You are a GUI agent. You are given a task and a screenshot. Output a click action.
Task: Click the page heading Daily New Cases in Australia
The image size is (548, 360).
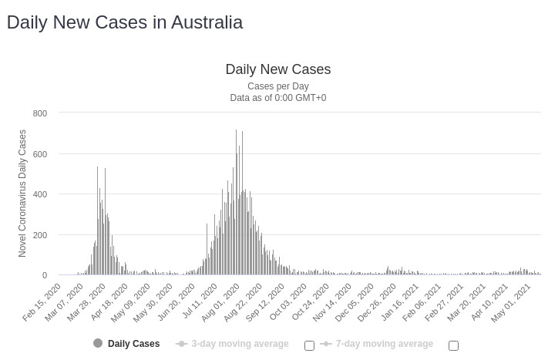coord(124,22)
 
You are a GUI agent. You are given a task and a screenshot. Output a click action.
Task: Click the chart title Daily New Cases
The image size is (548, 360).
coord(277,69)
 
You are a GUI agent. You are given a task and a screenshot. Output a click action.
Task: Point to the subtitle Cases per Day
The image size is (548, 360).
coord(277,86)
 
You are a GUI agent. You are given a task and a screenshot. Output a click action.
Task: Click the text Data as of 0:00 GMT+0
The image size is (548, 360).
coord(277,98)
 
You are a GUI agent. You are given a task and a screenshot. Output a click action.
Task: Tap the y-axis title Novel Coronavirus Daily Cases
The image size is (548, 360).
coord(22,193)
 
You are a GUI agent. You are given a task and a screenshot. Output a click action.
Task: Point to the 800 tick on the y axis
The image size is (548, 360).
coord(40,113)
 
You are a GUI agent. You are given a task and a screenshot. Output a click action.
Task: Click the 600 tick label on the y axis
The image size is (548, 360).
coord(40,154)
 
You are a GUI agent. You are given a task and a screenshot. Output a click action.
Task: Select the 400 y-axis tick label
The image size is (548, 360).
coord(40,194)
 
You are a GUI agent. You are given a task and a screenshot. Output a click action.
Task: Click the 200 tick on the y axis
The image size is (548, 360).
coord(40,235)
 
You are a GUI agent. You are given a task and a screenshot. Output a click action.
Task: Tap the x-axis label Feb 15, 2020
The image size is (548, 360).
coord(43,303)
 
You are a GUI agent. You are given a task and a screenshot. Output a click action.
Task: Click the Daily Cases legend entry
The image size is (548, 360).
coord(133,344)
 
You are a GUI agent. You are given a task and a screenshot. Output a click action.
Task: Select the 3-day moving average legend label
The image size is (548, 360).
coord(240,344)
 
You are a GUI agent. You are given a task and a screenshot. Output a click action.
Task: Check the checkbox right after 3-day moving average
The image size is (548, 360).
coord(309,345)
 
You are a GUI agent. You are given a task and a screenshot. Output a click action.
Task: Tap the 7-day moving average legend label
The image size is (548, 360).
coord(384,344)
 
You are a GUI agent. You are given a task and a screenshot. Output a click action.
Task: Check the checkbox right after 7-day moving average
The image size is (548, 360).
coord(453,345)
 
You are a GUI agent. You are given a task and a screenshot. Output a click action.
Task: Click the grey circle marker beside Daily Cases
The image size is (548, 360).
coord(98,343)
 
